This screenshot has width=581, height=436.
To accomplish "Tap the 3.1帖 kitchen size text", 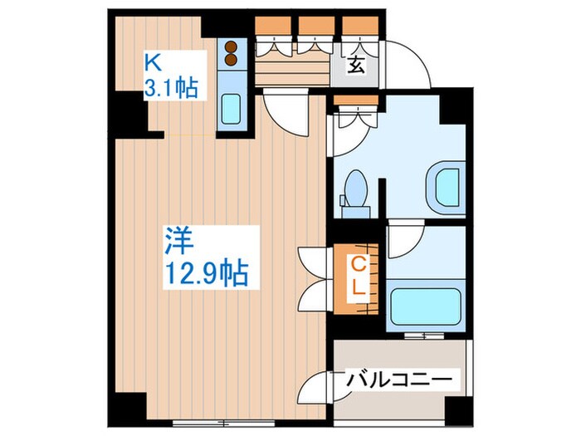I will pos(173,87).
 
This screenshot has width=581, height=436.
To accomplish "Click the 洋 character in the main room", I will pos(176,241).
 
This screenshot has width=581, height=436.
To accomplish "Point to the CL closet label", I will pos(358,277).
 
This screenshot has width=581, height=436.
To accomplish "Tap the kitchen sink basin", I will pos(232,109).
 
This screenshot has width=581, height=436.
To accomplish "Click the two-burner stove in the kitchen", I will pos(231,54).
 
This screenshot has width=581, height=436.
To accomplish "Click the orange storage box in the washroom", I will pos(356,105).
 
